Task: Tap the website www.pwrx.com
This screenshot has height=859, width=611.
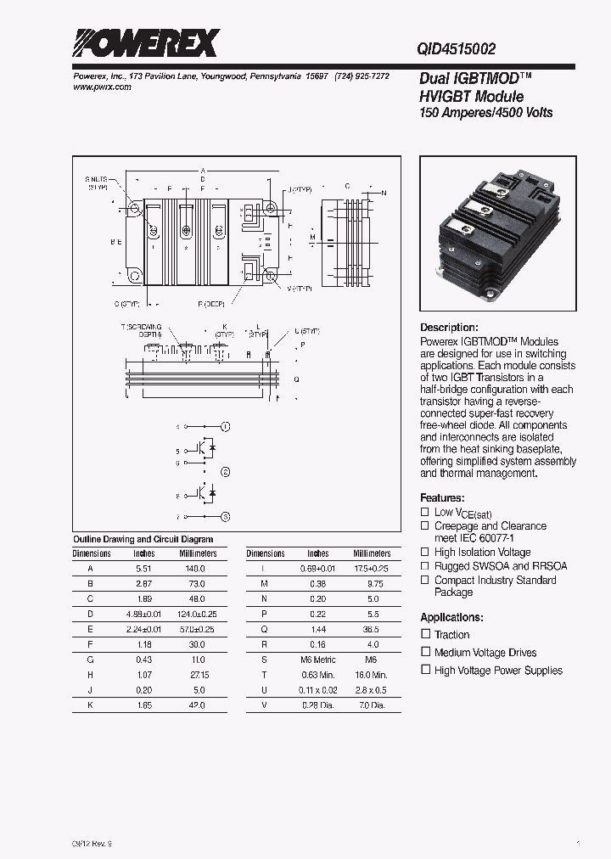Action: click(x=98, y=87)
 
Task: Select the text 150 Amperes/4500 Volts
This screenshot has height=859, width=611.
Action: click(x=486, y=112)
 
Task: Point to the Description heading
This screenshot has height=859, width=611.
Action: click(x=450, y=328)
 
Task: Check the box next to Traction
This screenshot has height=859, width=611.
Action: click(x=426, y=635)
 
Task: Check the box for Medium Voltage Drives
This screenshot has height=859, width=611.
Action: click(x=426, y=653)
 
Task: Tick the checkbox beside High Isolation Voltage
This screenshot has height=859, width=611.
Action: click(x=426, y=553)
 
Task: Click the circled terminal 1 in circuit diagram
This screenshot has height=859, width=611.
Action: click(x=225, y=426)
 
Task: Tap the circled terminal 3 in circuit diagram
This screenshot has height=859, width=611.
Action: click(x=225, y=516)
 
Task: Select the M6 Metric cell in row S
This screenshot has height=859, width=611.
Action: click(x=318, y=660)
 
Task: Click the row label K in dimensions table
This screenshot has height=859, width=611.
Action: click(x=91, y=705)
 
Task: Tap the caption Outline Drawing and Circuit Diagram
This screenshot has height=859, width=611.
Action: click(x=143, y=539)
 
